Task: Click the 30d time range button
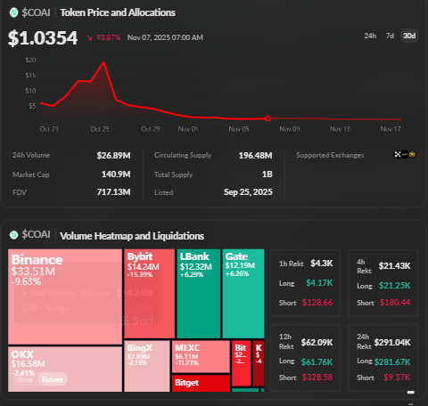pos(408,36)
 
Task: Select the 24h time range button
pos(370,36)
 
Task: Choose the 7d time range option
pos(389,36)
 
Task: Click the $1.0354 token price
pos(43,38)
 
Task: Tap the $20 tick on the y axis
pos(31,60)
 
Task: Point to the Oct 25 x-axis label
pos(99,128)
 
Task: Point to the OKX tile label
pos(22,353)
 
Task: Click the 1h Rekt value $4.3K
pos(321,264)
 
